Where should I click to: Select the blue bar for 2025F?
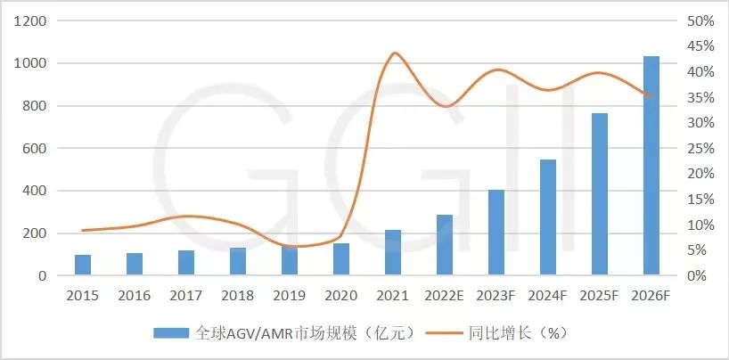(x=600, y=194)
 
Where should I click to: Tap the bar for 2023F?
(x=496, y=233)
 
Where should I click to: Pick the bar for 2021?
(x=393, y=252)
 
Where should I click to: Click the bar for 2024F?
(x=548, y=217)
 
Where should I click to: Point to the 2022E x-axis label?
(x=445, y=295)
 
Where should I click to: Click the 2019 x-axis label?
(x=290, y=295)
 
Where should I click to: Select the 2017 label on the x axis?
(x=186, y=295)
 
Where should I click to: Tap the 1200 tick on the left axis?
(x=30, y=20)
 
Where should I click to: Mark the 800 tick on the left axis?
(x=35, y=106)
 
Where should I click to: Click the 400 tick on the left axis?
(x=35, y=191)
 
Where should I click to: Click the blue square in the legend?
(x=172, y=333)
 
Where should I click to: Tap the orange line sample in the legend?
(x=446, y=333)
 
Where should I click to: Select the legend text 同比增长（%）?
(x=518, y=333)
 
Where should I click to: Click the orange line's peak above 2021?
(x=394, y=53)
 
